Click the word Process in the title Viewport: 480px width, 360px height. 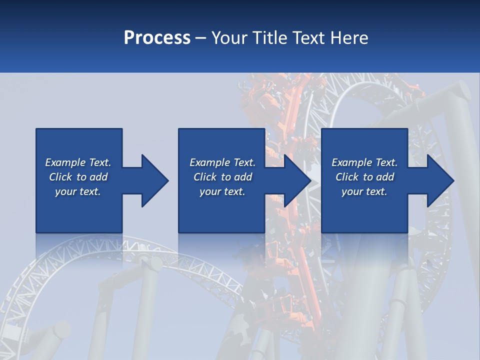point(157,38)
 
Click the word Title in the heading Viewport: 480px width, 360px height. point(269,38)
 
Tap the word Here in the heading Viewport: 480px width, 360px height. point(349,38)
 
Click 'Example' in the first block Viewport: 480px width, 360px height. point(65,162)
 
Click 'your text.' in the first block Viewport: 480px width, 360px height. point(78,191)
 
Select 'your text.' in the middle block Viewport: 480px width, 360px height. point(222,191)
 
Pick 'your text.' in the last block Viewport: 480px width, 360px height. point(364,191)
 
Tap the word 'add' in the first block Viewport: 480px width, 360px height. point(99,177)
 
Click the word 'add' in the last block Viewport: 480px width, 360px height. point(385,177)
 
